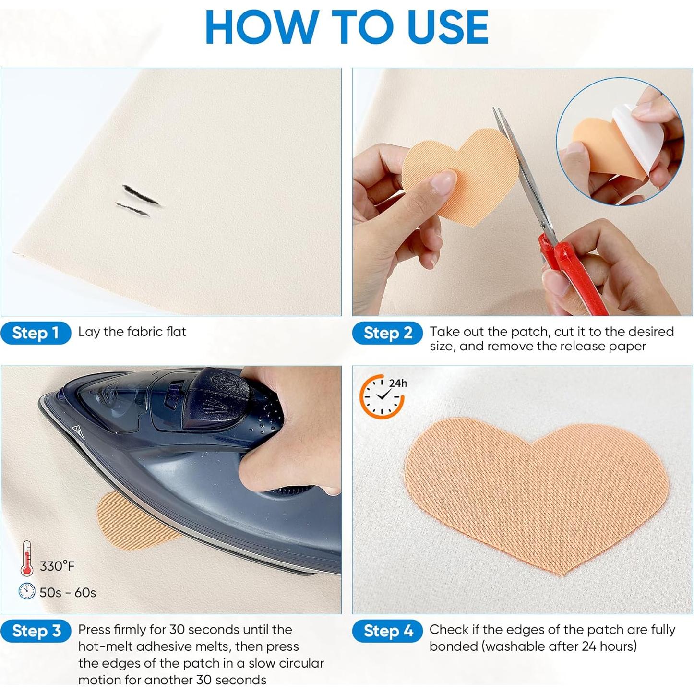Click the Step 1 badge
point(36,333)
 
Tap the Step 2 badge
point(387,333)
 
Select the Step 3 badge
point(36,631)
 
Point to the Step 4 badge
point(387,631)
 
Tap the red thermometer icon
point(27,558)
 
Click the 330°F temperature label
point(57,566)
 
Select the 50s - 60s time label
point(68,593)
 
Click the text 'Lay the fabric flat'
point(132,332)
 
